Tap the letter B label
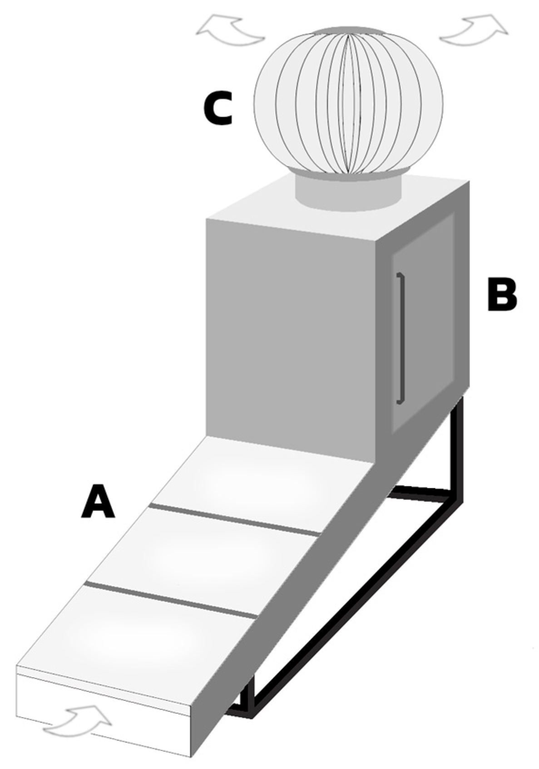(x=501, y=295)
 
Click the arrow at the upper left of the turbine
(x=230, y=30)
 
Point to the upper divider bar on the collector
(x=234, y=519)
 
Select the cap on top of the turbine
(x=349, y=30)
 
